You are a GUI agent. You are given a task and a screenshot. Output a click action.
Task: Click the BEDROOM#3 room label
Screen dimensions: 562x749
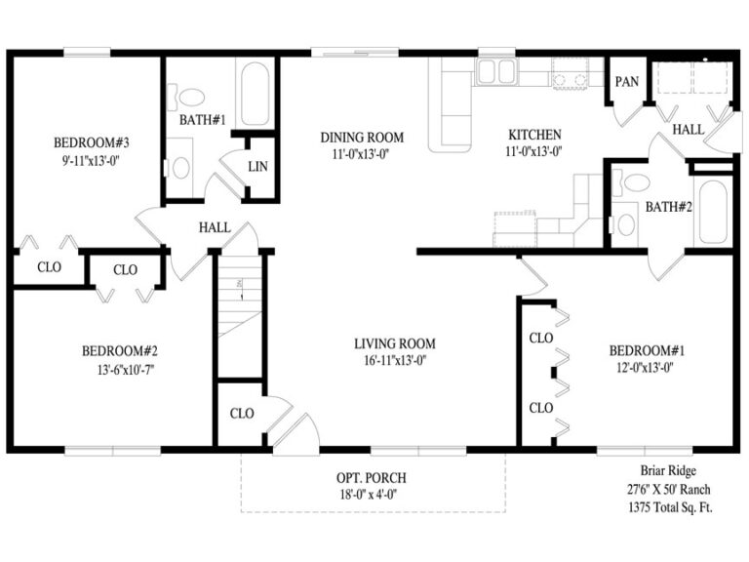tap(92, 142)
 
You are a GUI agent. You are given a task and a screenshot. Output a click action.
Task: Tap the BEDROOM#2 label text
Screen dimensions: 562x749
tap(119, 351)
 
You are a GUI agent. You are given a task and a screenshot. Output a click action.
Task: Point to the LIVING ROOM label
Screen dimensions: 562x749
tap(394, 343)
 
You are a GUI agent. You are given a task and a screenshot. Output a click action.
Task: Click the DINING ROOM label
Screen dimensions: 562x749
tap(362, 138)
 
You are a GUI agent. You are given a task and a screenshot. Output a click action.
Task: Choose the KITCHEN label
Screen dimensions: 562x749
tap(534, 135)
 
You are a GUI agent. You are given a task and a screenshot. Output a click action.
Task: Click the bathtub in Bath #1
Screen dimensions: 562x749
tap(256, 96)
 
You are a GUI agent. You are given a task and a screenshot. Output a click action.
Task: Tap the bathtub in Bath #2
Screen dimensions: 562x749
tap(711, 211)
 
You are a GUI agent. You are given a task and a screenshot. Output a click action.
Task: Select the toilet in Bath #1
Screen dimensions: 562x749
tap(181, 166)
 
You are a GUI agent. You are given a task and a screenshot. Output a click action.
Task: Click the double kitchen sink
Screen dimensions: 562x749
tap(497, 71)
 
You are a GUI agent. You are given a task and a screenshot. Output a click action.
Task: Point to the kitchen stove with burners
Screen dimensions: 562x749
tap(571, 73)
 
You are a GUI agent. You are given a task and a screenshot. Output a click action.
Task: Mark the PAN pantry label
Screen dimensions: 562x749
tap(626, 82)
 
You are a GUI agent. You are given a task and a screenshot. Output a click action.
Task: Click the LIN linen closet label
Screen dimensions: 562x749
tap(258, 167)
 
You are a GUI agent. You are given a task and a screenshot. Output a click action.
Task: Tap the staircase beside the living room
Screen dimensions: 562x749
tap(239, 312)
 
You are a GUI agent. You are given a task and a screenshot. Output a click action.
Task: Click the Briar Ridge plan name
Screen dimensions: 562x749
tap(667, 470)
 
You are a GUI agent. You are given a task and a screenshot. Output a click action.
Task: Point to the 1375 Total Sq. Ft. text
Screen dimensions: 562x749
tap(667, 506)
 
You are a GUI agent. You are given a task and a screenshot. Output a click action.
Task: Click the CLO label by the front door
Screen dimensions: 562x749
tap(242, 413)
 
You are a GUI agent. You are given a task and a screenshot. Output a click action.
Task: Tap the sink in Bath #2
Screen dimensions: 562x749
tap(626, 224)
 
